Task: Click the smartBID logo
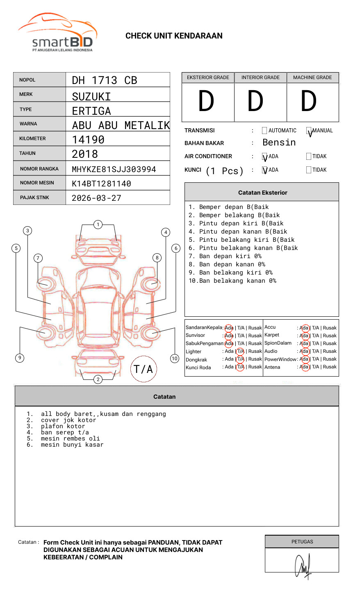click(x=57, y=32)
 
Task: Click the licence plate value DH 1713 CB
click(x=105, y=80)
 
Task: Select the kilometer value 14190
click(x=88, y=140)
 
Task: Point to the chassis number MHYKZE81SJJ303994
click(x=114, y=169)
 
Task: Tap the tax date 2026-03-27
click(x=96, y=198)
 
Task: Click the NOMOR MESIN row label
click(x=37, y=183)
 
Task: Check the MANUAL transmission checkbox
click(x=309, y=130)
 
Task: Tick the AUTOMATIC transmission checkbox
click(x=264, y=130)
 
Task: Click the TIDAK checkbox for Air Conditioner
click(x=309, y=156)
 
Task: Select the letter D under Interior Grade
click(x=255, y=101)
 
